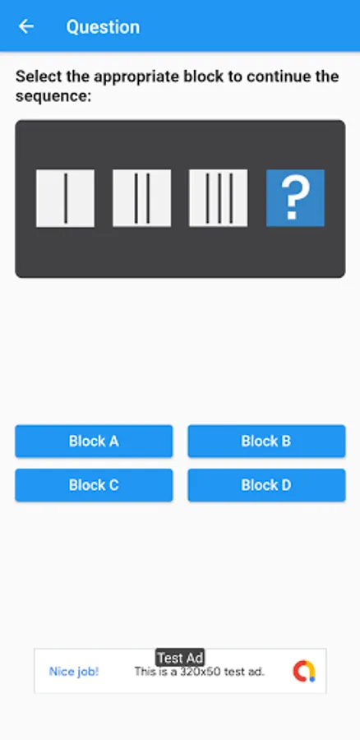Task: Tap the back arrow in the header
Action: [x=26, y=26]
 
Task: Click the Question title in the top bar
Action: [x=103, y=27]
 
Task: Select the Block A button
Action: [x=94, y=442]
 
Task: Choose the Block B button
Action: [x=266, y=442]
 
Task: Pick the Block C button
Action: [x=94, y=485]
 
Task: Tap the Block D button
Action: [x=266, y=485]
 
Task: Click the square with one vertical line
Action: [x=65, y=198]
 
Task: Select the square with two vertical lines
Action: [x=141, y=198]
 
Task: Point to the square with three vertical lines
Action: [x=219, y=198]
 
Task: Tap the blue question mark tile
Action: [x=295, y=198]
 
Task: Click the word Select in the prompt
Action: [x=39, y=76]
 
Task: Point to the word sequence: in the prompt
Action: [x=53, y=97]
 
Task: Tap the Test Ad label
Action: [x=180, y=658]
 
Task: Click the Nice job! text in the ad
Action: [x=74, y=672]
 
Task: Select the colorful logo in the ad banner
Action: [x=304, y=671]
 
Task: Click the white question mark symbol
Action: [x=295, y=199]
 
